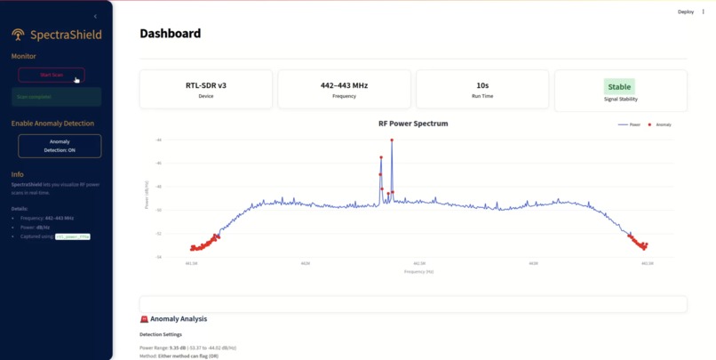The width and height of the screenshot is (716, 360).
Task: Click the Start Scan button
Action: tap(52, 76)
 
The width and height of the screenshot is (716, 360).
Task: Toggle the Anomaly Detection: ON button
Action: tap(60, 146)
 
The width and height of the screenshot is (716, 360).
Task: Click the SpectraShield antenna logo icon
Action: tap(18, 35)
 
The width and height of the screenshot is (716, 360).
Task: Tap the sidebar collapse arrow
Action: tap(95, 16)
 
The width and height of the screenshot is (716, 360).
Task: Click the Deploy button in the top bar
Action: tap(685, 12)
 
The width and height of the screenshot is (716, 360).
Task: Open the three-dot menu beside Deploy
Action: tap(704, 12)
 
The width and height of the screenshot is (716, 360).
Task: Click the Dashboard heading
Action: tap(170, 34)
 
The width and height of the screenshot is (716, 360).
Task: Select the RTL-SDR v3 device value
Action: tap(205, 85)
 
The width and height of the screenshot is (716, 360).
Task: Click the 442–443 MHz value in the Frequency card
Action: tap(344, 85)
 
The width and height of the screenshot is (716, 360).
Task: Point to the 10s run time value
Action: tap(482, 85)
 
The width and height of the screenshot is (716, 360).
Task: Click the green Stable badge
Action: tap(619, 86)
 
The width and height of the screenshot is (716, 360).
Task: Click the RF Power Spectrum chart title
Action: tap(413, 124)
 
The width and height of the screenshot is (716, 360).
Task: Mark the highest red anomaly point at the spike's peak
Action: tap(391, 140)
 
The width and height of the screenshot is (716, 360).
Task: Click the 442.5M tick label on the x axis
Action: tap(419, 264)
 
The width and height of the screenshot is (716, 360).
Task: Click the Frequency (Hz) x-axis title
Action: tap(418, 271)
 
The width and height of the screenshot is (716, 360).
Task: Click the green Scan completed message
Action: tap(56, 97)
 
